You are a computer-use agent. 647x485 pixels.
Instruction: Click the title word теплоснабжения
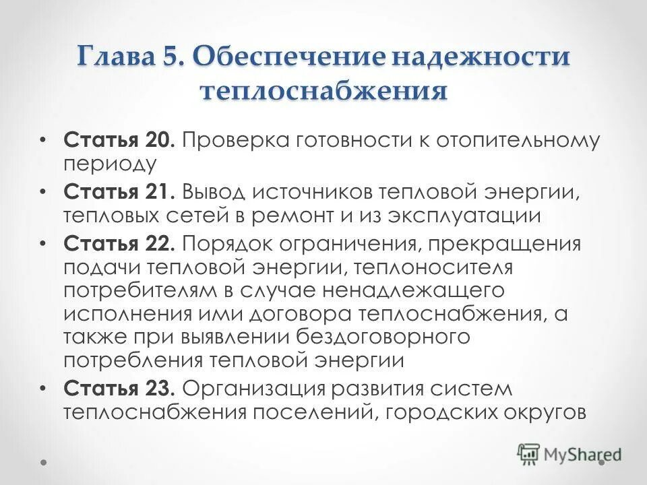323,90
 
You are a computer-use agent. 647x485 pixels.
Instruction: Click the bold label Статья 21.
119,193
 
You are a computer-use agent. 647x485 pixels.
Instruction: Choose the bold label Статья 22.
121,243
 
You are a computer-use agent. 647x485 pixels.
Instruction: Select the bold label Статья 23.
121,388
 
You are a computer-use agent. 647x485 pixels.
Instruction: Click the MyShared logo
569,453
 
